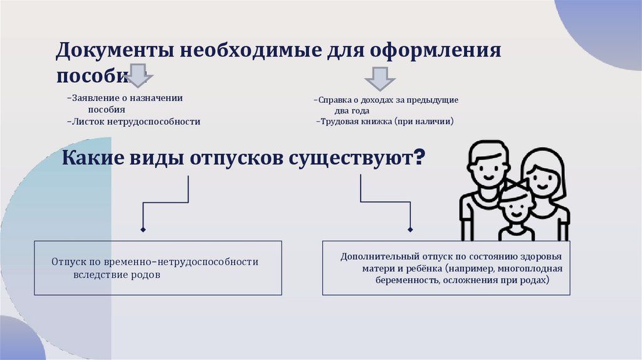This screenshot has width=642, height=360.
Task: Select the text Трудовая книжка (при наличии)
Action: coord(385,122)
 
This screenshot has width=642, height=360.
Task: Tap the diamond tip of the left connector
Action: coord(144,230)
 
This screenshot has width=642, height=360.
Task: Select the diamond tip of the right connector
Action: coord(410,230)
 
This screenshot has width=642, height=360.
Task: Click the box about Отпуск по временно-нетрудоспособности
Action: coord(157,268)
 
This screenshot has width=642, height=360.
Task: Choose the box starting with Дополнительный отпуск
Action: coord(446,268)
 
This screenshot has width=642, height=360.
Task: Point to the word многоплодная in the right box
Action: coord(534,268)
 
